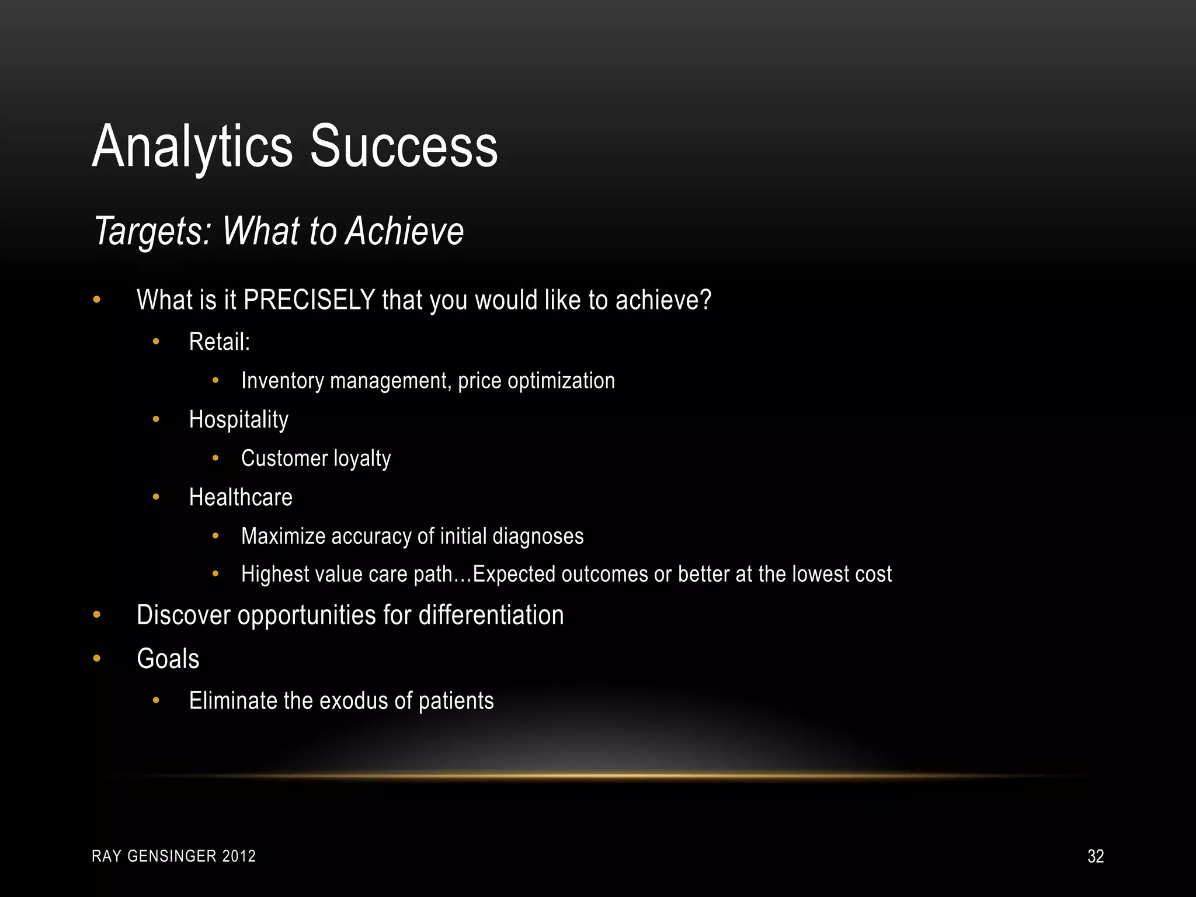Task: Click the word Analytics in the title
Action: click(193, 147)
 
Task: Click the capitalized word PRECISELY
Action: click(309, 300)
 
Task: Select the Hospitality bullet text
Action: click(238, 420)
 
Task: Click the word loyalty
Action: click(361, 459)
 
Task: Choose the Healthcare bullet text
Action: click(241, 498)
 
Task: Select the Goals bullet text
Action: click(168, 659)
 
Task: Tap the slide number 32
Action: click(1095, 856)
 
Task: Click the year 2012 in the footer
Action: click(239, 856)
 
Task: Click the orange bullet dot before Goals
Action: click(97, 659)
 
